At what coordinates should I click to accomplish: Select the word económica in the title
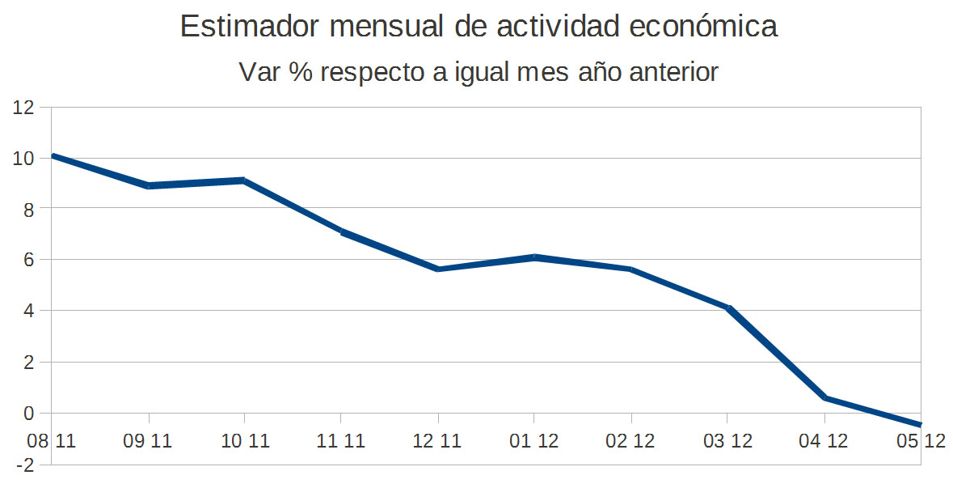click(703, 27)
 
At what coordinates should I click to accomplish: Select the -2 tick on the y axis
click(26, 465)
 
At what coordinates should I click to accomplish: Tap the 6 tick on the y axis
click(29, 260)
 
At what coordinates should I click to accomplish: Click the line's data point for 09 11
click(149, 186)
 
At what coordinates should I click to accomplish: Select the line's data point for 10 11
click(244, 180)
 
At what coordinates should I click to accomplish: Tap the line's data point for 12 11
click(437, 269)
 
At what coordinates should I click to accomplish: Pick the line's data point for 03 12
click(727, 308)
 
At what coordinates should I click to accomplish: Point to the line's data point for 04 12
click(824, 397)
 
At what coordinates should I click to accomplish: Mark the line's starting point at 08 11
click(53, 155)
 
